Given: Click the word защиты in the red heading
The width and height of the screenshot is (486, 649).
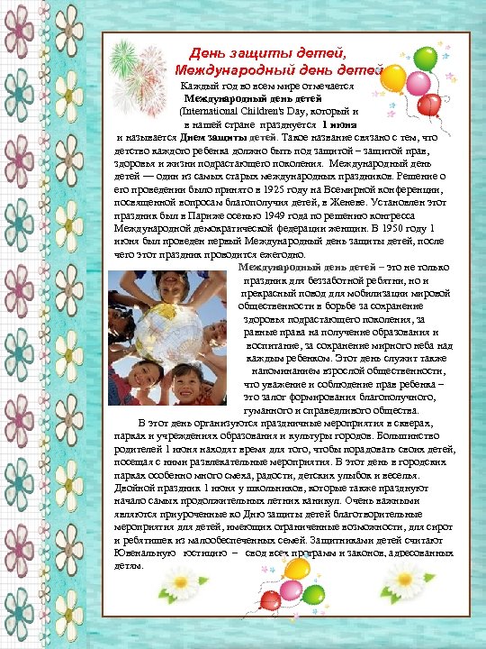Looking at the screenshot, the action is tap(265, 56).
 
